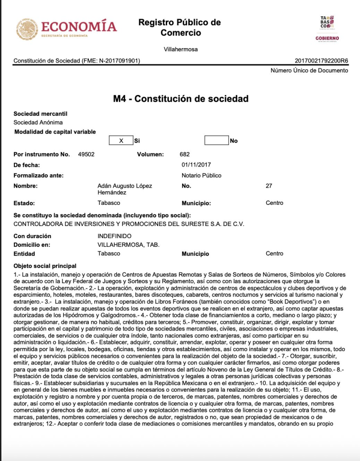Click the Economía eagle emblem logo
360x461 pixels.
pyautogui.click(x=27, y=29)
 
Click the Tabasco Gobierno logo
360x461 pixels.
pyautogui.click(x=327, y=28)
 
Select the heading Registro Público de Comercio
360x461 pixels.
pyautogui.click(x=179, y=27)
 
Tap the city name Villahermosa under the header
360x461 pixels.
pyautogui.click(x=180, y=50)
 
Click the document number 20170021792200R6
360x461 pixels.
pyautogui.click(x=321, y=61)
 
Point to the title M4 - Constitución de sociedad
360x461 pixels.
pyautogui.click(x=181, y=99)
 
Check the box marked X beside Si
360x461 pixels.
pyautogui.click(x=121, y=140)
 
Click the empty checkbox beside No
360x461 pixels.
pyautogui.click(x=216, y=140)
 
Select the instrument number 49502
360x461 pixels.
pyautogui.click(x=86, y=154)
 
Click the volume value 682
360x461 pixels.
pyautogui.click(x=185, y=154)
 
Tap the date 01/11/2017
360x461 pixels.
pyautogui.click(x=196, y=165)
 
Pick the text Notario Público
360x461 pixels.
pyautogui.click(x=201, y=176)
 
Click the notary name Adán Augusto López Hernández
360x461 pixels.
pyautogui.click(x=125, y=189)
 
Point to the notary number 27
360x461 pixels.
pyautogui.click(x=269, y=186)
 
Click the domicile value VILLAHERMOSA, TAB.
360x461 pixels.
pyautogui.click(x=128, y=245)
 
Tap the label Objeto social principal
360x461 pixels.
pyautogui.click(x=45, y=266)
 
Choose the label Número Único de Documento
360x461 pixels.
pyautogui.click(x=309, y=71)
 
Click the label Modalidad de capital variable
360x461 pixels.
pyautogui.click(x=55, y=132)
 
